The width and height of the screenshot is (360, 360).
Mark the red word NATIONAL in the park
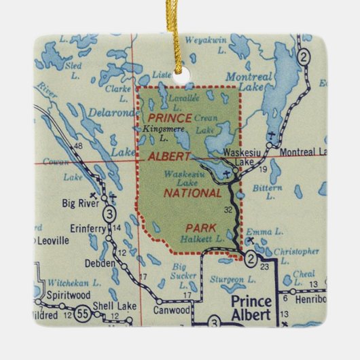[x=194, y=194]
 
